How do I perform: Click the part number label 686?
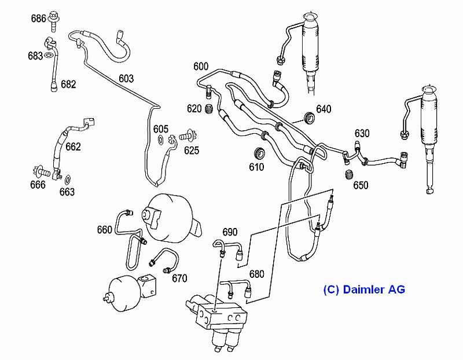pyautogui.click(x=38, y=18)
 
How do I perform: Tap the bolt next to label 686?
pyautogui.click(x=54, y=18)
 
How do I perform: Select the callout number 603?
pyautogui.click(x=126, y=78)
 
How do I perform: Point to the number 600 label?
pyautogui.click(x=201, y=67)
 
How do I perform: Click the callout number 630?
pyautogui.click(x=362, y=133)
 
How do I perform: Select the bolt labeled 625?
pyautogui.click(x=189, y=137)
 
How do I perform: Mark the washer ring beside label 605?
pyautogui.click(x=160, y=140)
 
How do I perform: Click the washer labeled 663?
pyautogui.click(x=68, y=179)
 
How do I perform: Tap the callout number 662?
pyautogui.click(x=73, y=146)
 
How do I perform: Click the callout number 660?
pyautogui.click(x=105, y=230)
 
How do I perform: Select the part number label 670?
pyautogui.click(x=179, y=278)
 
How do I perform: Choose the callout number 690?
pyautogui.click(x=230, y=232)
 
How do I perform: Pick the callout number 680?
pyautogui.click(x=256, y=274)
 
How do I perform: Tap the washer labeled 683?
pyautogui.click(x=50, y=56)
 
